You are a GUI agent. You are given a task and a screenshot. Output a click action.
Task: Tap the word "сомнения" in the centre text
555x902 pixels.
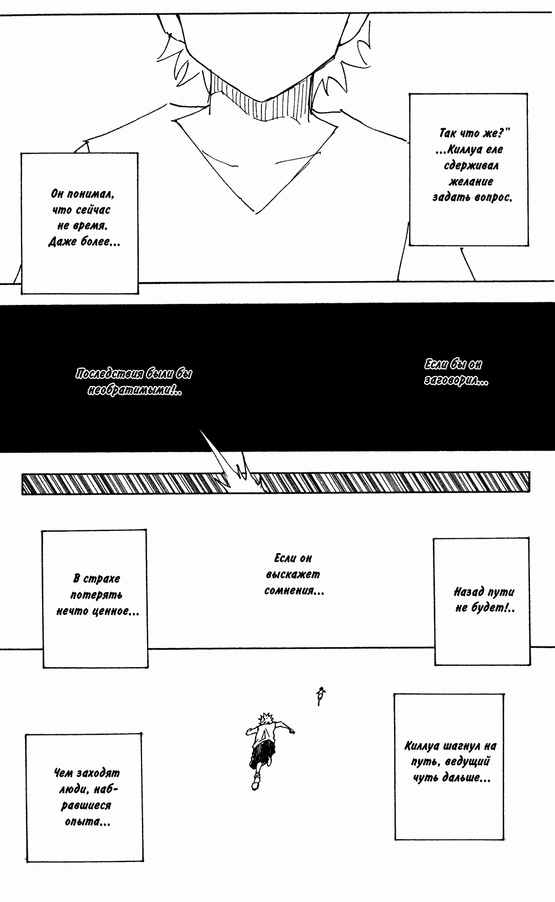coord(293,590)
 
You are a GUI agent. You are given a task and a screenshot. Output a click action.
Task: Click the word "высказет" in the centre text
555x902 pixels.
coord(293,574)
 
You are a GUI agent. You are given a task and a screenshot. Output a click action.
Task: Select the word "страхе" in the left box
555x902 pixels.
coord(103,578)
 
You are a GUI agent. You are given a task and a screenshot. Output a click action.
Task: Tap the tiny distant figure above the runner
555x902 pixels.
coord(320,695)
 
